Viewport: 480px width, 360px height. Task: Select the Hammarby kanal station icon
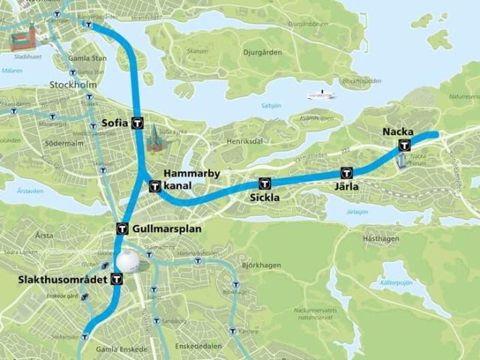[x=155, y=185]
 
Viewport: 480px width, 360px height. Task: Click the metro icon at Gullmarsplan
[x=121, y=229]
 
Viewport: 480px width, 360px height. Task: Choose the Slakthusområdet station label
[x=63, y=280]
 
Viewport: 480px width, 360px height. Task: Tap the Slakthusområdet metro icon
[x=116, y=280]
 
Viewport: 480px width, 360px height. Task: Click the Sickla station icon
[x=264, y=184]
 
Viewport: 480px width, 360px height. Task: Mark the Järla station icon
[x=346, y=173]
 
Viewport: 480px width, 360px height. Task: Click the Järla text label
[x=346, y=187]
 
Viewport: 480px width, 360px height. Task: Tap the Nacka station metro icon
[x=405, y=145]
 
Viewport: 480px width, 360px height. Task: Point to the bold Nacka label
[x=397, y=132]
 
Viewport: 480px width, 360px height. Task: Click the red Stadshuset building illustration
[x=24, y=37]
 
